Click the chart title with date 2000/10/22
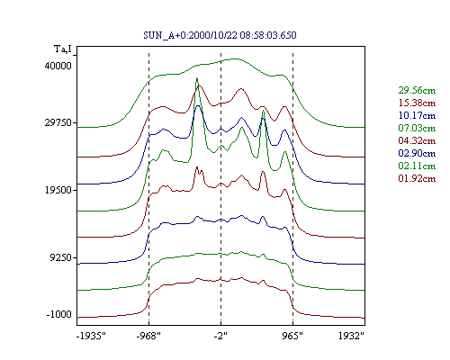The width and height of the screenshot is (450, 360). (x=220, y=35)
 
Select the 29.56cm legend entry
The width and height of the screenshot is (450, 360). (x=417, y=90)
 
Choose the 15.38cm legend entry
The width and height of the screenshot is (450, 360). (x=417, y=103)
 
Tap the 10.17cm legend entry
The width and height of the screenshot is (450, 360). (x=417, y=115)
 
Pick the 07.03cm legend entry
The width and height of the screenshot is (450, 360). (x=417, y=128)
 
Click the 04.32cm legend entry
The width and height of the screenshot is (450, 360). (x=417, y=140)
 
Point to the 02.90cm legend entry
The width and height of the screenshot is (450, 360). (x=417, y=153)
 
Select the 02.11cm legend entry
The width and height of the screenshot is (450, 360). (x=417, y=166)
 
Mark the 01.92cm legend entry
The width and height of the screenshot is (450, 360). (x=417, y=178)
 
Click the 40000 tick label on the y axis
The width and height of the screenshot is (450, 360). (x=58, y=66)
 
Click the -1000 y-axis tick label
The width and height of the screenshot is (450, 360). (x=59, y=314)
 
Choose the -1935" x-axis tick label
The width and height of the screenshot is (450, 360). (x=91, y=336)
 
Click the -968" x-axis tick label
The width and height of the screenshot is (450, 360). (x=148, y=336)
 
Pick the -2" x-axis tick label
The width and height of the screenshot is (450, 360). (x=220, y=336)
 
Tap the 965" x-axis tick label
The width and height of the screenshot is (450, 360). (x=292, y=336)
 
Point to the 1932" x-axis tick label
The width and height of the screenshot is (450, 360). (x=351, y=336)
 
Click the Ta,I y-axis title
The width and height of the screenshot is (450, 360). (x=63, y=49)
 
